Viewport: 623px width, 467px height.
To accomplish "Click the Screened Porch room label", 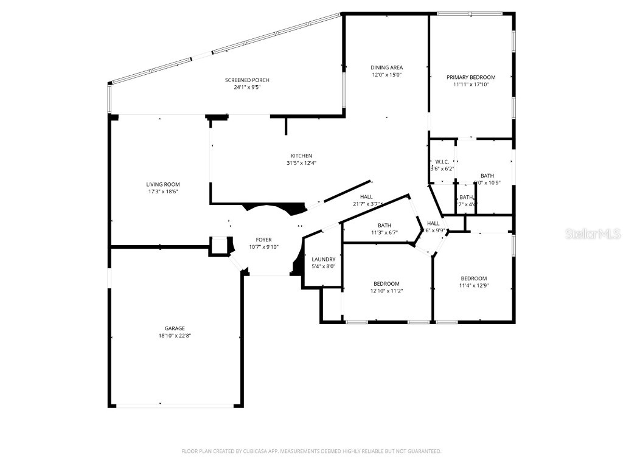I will pos(247,80).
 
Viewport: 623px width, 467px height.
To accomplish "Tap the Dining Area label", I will pos(387,67).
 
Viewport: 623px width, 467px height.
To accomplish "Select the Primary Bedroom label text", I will pos(471,77).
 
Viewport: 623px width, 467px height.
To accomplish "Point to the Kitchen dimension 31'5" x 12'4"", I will pos(301,163).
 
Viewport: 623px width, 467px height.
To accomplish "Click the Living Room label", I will pos(163,184).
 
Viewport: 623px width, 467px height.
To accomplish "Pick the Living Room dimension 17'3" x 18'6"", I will pos(163,192).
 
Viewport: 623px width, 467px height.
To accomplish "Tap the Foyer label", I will pos(263,240).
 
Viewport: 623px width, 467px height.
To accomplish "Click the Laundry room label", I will pos(323,259).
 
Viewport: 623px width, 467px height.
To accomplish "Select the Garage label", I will pos(175,328).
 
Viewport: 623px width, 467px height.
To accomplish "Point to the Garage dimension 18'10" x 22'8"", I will pos(175,336).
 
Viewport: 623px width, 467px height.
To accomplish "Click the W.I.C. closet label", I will pos(442,161).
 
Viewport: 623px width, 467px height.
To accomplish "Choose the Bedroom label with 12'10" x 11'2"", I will pos(386,284).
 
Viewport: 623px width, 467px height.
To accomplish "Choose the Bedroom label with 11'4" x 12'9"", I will pos(473,278).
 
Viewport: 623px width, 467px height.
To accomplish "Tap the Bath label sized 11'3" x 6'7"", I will pos(384,225).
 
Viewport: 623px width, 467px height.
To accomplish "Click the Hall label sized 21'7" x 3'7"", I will pos(366,196).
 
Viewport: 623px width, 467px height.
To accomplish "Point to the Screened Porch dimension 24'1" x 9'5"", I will pos(247,88).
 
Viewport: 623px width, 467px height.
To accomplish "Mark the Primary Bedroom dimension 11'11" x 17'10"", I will pos(471,85).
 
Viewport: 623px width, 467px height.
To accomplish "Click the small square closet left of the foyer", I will pos(218,246).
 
